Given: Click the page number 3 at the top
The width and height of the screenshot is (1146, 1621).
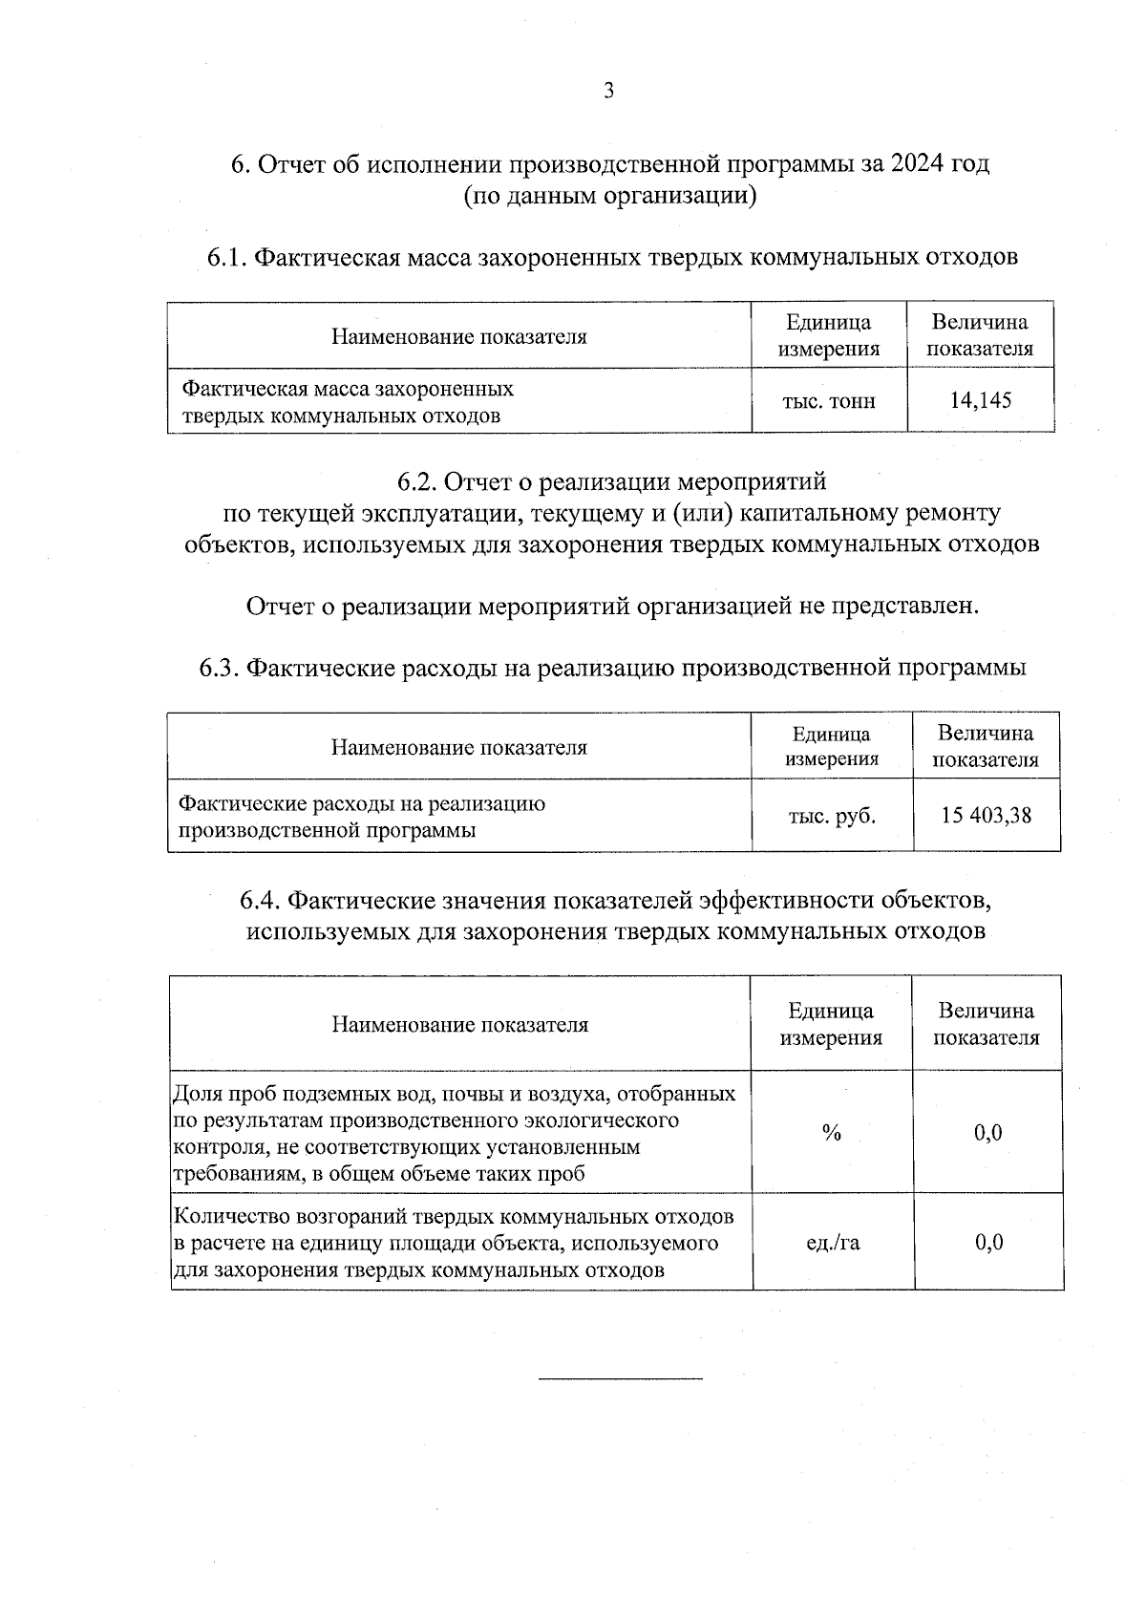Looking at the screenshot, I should pos(608,91).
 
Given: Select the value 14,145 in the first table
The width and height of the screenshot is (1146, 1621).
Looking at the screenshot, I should pos(980,400).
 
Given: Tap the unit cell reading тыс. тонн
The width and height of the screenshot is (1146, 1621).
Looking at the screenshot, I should pos(828,401).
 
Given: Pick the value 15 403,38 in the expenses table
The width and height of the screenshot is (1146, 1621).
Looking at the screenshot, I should pos(986,816).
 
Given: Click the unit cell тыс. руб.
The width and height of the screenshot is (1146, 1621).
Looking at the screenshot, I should pos(831,816).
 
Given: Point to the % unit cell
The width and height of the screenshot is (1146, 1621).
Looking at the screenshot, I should pos(831,1133).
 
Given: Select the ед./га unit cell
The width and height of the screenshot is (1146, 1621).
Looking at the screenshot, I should pos(831,1243).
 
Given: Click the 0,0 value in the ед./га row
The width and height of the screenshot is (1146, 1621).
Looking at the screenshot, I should pos(987,1243).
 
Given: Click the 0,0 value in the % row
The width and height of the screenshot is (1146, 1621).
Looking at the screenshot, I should pos(987,1133).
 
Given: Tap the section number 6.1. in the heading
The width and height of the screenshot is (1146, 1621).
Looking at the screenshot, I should pos(227,258).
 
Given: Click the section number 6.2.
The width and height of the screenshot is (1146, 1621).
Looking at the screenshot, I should pos(417,480).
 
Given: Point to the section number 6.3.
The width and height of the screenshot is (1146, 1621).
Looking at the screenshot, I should pos(219,668).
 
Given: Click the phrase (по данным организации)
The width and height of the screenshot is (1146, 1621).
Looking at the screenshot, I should pos(610,197).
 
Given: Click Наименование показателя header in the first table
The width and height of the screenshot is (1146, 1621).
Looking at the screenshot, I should pos(458,336).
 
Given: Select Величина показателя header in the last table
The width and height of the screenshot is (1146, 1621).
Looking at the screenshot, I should pos(986,1024).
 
